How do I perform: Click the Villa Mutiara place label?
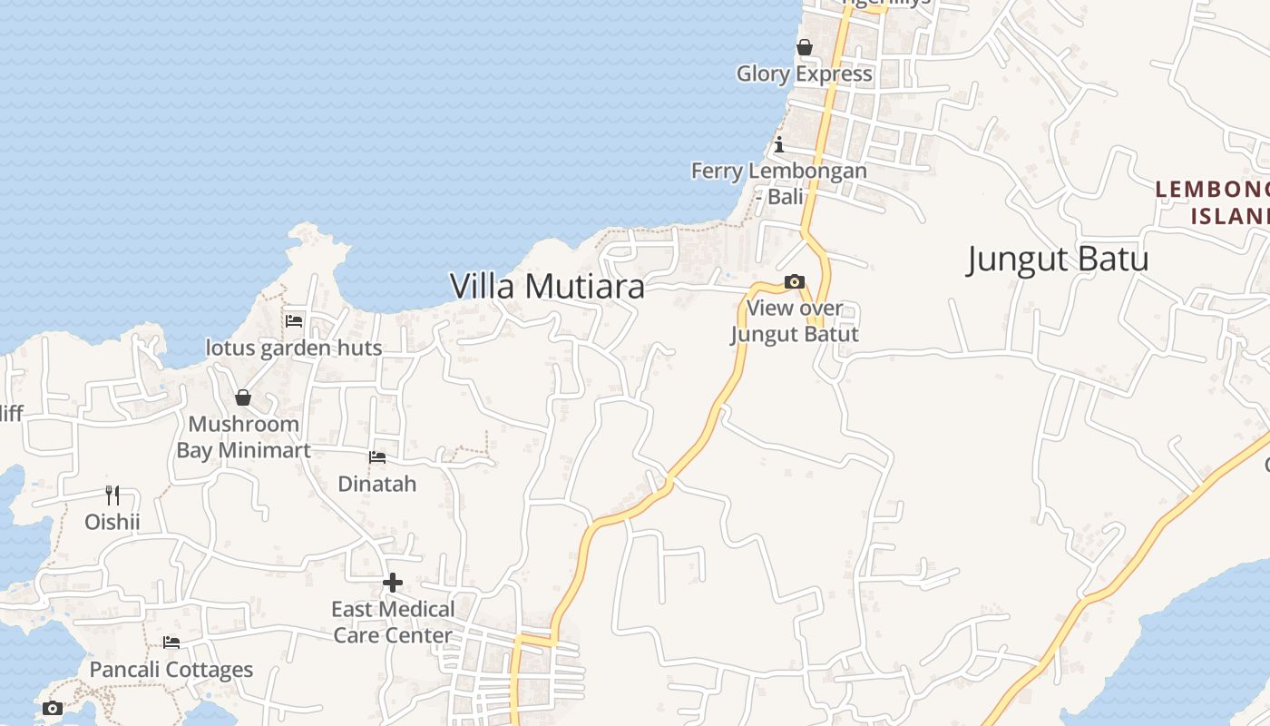click(547, 286)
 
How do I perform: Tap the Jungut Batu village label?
click(1058, 259)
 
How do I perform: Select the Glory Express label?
click(805, 74)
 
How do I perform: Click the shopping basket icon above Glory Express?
click(805, 47)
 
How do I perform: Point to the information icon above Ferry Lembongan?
click(778, 144)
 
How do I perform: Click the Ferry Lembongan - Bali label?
click(779, 182)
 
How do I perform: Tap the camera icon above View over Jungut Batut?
click(795, 281)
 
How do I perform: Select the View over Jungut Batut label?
click(795, 321)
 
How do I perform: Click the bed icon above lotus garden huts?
click(294, 320)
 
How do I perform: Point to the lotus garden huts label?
click(294, 348)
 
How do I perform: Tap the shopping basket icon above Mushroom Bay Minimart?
click(243, 397)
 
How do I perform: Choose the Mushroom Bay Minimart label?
click(243, 437)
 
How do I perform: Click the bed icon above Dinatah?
click(377, 456)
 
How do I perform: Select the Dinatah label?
click(377, 484)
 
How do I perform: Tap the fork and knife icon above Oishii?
click(112, 495)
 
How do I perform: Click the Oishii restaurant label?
click(112, 522)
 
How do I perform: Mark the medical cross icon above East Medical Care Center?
click(393, 582)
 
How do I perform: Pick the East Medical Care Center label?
click(393, 622)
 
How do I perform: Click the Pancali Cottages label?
click(171, 670)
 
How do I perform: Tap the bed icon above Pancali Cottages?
click(171, 643)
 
